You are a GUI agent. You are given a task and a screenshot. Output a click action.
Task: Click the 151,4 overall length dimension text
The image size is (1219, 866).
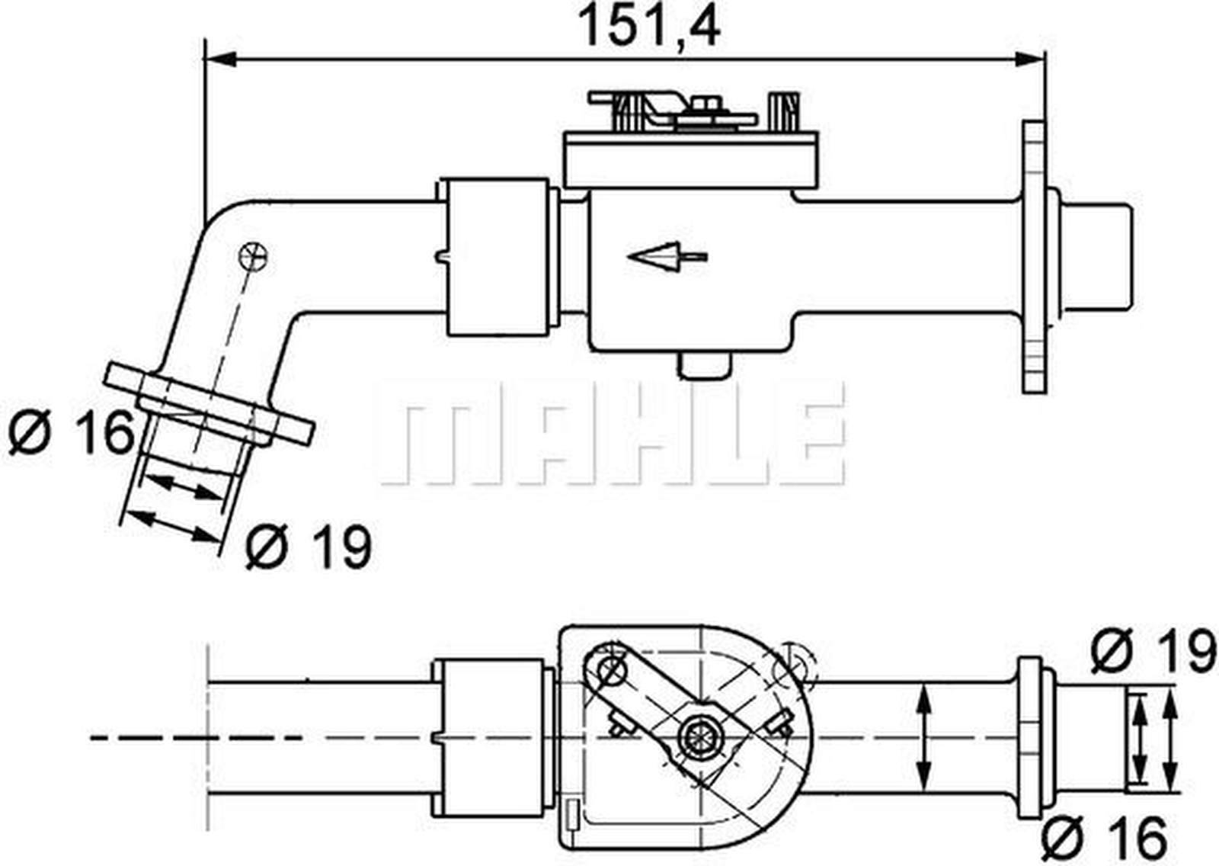click(x=649, y=27)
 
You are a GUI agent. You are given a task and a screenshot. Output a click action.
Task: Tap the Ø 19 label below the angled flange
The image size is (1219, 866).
click(x=309, y=546)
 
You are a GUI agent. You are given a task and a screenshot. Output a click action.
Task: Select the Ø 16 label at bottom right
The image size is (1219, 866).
click(x=1105, y=837)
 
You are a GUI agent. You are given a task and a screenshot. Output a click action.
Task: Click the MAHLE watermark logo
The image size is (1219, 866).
click(x=609, y=435)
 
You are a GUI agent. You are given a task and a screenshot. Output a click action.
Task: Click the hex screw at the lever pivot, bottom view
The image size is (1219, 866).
click(x=697, y=736)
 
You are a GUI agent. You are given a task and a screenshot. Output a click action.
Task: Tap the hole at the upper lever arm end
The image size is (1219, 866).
click(x=610, y=670)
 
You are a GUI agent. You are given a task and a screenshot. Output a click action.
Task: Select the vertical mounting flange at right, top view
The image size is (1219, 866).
click(x=1034, y=257)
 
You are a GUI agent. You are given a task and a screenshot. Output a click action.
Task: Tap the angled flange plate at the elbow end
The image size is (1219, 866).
click(x=210, y=405)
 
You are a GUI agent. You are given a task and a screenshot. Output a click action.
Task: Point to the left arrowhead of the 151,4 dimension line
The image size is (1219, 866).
click(x=221, y=59)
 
